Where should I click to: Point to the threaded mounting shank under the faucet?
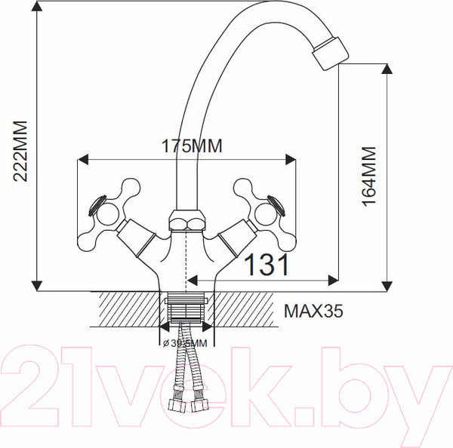click(x=186, y=309)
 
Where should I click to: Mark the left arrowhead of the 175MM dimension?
click(x=83, y=159)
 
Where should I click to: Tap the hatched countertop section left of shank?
click(x=125, y=309)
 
